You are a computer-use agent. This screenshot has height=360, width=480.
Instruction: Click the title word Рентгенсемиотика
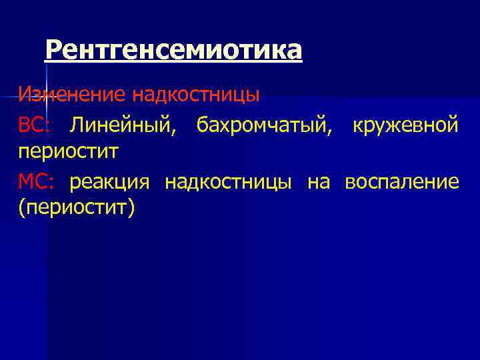tap(173, 50)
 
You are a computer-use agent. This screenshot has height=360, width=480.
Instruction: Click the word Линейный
tap(123, 125)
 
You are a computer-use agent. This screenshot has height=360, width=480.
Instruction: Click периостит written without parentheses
tap(68, 152)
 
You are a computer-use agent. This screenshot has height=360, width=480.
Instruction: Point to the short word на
tap(319, 181)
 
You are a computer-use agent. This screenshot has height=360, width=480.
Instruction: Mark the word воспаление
tap(402, 181)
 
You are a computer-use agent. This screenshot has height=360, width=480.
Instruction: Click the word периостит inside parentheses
tap(76, 209)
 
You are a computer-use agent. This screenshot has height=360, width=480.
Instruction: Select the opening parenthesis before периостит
tap(22, 209)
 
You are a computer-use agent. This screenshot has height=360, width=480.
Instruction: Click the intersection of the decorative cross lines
tap(45, 97)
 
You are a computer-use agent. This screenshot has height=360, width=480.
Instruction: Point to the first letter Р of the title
tap(53, 50)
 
